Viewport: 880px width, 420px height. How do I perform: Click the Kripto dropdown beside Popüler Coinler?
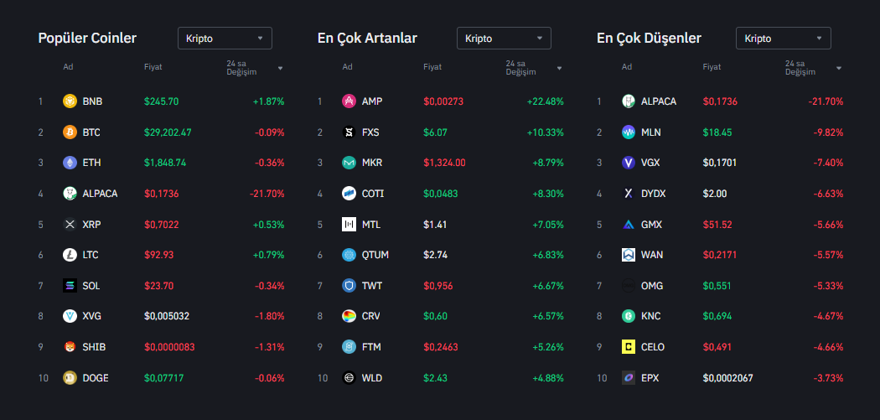pos(225,38)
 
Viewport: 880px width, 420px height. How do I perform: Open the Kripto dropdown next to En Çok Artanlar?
pos(504,38)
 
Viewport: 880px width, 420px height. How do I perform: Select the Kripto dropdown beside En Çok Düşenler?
pos(783,38)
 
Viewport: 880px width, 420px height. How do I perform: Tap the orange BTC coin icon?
pos(70,132)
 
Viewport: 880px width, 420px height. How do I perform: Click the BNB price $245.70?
pos(161,101)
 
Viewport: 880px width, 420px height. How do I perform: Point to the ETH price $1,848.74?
pos(165,163)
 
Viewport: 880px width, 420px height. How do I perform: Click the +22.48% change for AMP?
pos(545,101)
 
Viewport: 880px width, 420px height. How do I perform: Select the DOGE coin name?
pos(96,378)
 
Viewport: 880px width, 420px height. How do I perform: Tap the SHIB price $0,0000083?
pos(170,347)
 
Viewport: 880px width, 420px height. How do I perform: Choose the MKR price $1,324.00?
pos(444,163)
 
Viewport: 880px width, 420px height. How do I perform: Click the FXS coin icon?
pos(349,132)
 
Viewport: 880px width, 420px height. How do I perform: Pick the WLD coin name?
pos(372,378)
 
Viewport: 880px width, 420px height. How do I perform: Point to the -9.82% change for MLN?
pos(826,132)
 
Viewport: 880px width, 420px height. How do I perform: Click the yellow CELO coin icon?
pos(629,347)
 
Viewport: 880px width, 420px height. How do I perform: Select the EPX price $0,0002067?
pos(727,378)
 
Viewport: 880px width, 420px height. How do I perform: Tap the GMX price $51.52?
pos(717,225)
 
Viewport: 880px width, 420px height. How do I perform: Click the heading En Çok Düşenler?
pos(649,38)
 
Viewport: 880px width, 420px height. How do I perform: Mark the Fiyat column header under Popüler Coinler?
pos(153,67)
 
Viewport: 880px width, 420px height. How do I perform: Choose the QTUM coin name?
pos(375,255)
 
